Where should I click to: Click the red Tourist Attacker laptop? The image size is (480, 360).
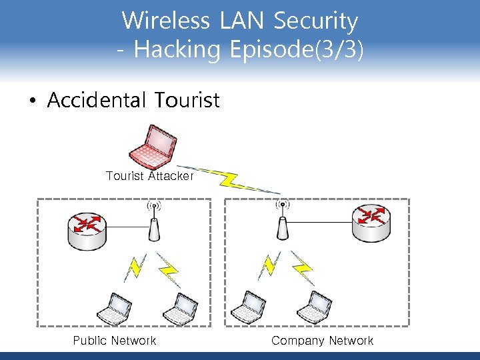coord(154,147)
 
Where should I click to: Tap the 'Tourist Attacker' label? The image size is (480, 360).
coord(149,176)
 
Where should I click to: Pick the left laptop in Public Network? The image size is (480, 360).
coord(114,307)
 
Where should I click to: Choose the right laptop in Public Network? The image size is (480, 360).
coord(179,307)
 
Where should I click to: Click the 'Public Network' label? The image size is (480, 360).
coord(115,341)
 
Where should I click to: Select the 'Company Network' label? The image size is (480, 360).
coord(323,341)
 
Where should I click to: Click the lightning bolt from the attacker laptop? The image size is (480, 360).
coord(231,179)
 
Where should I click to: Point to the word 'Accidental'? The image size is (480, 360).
coord(97,101)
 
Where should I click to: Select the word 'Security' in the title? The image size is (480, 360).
coord(316,21)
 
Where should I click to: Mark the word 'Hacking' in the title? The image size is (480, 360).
coord(177,50)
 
